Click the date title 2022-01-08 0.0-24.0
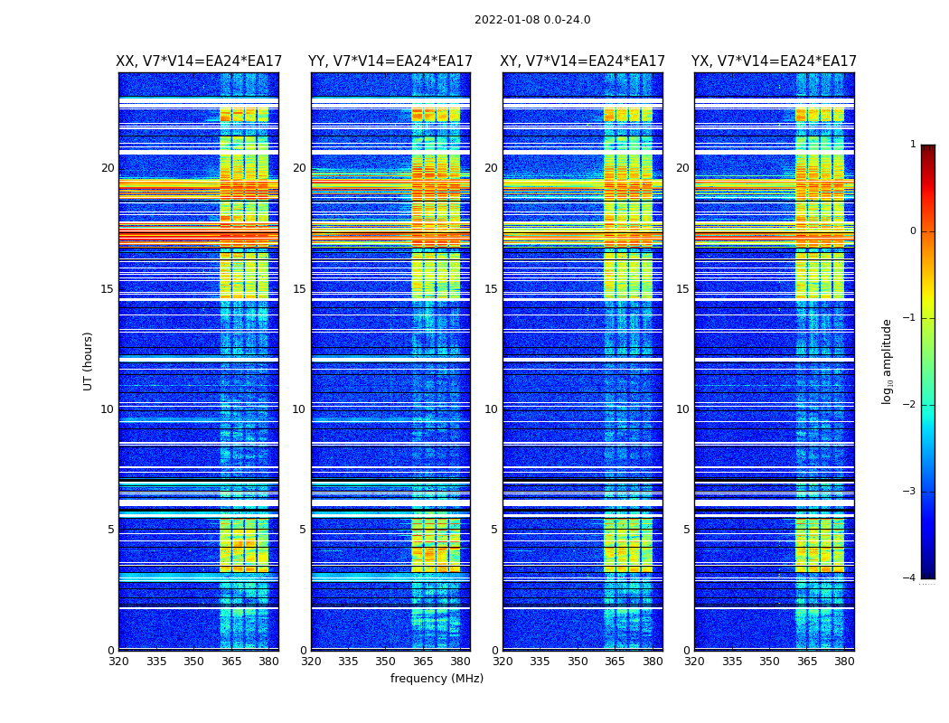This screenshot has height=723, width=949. tap(532, 20)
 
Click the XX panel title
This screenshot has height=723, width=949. tap(199, 61)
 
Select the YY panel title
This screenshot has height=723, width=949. tap(390, 61)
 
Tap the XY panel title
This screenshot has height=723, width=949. tap(582, 61)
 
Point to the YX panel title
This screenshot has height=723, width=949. tap(774, 61)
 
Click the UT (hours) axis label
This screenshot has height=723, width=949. tap(89, 361)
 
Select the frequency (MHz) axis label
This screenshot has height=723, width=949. tap(437, 679)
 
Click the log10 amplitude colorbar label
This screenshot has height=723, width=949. tap(888, 361)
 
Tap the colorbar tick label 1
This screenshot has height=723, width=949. tap(913, 145)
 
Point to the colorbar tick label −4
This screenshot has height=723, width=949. tap(911, 578)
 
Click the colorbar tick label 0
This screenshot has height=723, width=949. tap(913, 231)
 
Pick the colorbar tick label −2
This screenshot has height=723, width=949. tap(911, 405)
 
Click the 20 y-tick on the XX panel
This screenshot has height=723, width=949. tap(108, 168)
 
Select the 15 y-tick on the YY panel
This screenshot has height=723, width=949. tap(298, 289)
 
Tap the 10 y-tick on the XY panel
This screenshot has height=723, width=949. tap(491, 409)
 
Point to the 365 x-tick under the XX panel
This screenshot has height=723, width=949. tap(231, 662)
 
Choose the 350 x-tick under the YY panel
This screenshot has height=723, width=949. tap(386, 662)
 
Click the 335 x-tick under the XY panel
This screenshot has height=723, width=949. tap(540, 662)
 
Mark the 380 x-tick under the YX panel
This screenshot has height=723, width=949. tap(844, 662)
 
